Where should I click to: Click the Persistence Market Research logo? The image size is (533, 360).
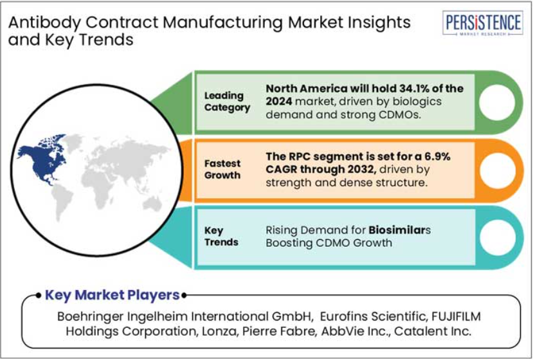[483, 23]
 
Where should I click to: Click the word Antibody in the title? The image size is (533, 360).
[44, 22]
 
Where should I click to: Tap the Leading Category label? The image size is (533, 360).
[227, 102]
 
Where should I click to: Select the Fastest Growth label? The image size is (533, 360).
[222, 169]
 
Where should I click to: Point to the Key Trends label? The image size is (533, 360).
[221, 237]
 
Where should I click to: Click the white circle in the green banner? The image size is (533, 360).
[497, 102]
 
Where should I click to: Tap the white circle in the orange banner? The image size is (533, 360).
[497, 170]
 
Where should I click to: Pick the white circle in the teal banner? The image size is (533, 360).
[497, 237]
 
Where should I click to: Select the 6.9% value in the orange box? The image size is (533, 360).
[437, 156]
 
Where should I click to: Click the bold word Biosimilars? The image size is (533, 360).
[399, 230]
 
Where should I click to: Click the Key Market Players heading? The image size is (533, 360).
[112, 295]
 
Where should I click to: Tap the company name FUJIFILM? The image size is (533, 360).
[456, 316]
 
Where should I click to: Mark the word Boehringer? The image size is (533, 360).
[90, 317]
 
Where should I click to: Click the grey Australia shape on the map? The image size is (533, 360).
[152, 203]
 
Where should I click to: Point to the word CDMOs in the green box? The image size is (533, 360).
[400, 115]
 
